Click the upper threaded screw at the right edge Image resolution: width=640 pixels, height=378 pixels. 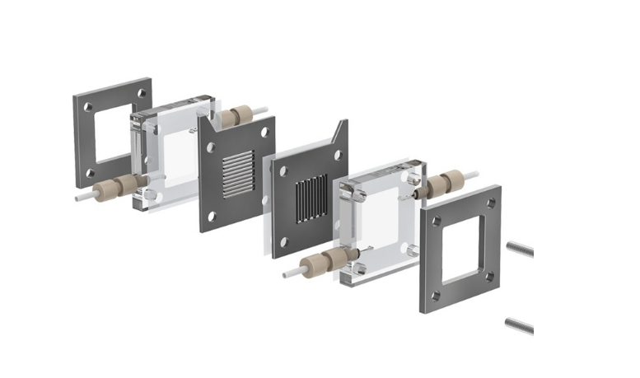[x=520, y=248]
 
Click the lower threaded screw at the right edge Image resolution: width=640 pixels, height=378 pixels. [x=520, y=326]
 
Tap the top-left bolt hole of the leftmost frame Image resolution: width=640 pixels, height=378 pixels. [x=85, y=105]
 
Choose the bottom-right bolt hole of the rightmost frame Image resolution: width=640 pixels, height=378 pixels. [x=489, y=276]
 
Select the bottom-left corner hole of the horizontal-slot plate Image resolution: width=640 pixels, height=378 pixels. [x=211, y=216]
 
